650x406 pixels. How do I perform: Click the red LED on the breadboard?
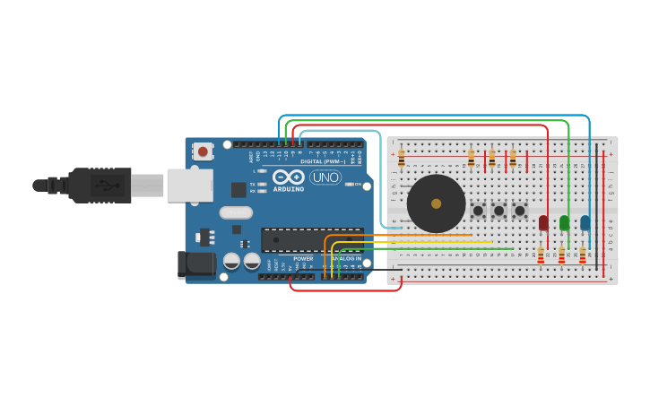543,222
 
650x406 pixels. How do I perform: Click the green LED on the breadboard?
564,222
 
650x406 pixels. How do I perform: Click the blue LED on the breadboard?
585,222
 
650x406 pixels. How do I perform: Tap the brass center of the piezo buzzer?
437,203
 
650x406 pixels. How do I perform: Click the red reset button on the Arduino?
203,151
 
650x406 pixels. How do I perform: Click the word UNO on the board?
325,177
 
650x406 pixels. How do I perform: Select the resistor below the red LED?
541,256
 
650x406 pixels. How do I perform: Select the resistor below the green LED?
561,256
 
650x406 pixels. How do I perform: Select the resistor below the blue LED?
582,256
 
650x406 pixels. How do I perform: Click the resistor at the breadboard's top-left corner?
401,159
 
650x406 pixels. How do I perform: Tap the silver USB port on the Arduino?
189,186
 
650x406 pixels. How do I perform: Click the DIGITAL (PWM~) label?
324,161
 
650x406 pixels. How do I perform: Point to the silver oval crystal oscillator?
236,212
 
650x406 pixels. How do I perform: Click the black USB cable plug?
99,186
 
